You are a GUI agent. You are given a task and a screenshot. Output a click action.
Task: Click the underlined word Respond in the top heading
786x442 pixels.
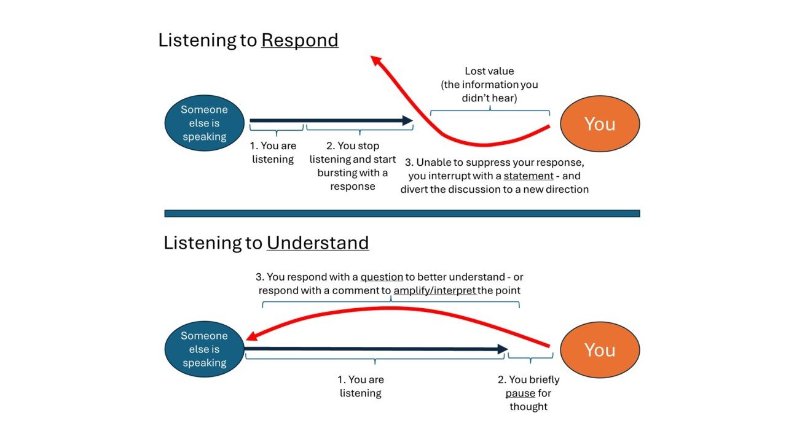point(300,41)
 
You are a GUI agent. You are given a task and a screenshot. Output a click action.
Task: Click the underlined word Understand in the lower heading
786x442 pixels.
point(318,243)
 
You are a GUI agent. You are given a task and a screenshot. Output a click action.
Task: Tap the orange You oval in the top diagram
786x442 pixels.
point(600,124)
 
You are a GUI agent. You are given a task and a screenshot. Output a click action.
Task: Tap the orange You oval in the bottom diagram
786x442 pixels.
point(600,350)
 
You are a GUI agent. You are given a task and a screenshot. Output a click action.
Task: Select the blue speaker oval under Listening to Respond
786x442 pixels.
point(204,123)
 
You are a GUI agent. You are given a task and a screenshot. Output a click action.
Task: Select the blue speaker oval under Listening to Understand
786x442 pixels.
point(204,349)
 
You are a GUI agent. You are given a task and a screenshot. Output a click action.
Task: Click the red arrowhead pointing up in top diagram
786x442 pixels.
point(376,60)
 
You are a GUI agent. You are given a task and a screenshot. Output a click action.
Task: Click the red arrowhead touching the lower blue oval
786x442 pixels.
point(252,336)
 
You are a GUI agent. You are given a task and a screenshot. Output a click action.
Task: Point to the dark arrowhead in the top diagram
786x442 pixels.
point(407,120)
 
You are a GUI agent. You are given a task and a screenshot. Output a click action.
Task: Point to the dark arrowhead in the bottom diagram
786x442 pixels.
point(503,349)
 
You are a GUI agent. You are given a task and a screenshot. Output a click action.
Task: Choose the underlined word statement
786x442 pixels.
point(529,176)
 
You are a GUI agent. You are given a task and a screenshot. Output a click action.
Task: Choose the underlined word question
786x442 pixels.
point(382,277)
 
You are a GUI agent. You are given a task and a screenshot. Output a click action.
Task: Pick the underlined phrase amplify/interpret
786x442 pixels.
point(434,290)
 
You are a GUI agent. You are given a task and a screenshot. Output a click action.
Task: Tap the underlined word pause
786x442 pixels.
point(521,394)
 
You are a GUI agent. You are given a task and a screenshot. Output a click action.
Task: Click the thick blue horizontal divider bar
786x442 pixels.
point(402,214)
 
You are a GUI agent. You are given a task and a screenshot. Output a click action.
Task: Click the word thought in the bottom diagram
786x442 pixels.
point(529,406)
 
